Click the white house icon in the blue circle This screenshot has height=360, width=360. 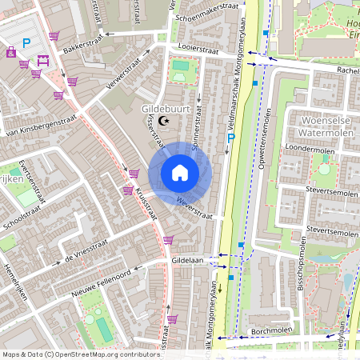coord(180,173)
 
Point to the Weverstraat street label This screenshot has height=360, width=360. coord(196,206)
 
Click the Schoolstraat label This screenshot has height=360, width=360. coord(22,218)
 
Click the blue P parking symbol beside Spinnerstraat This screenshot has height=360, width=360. coord(230,138)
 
